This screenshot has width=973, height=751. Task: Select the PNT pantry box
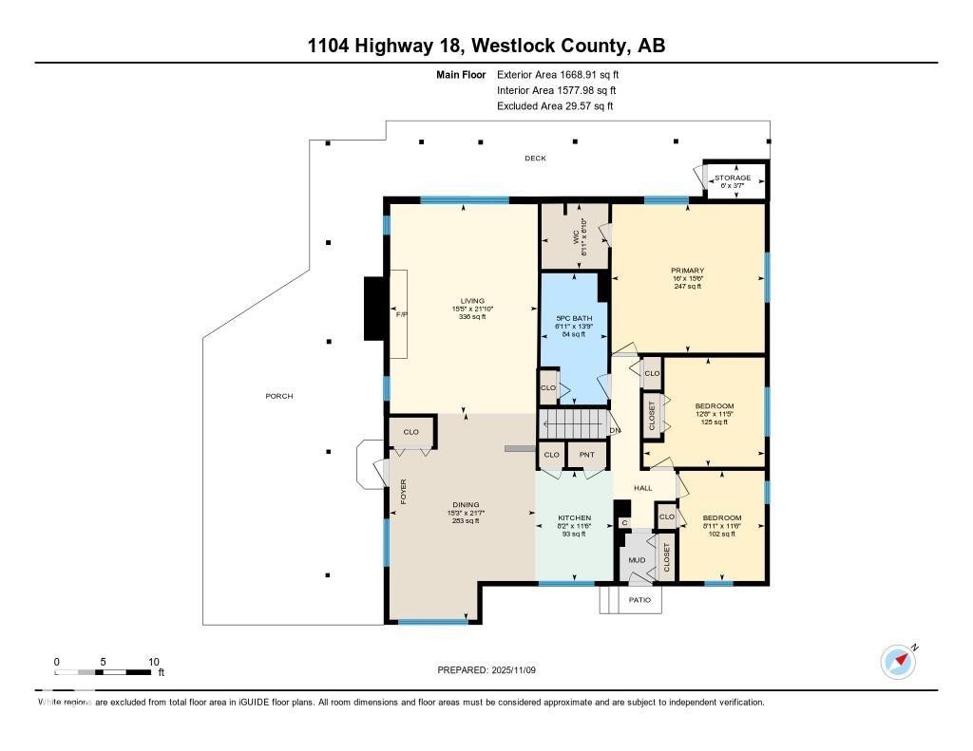(587, 456)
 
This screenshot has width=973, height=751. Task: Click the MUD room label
(638, 560)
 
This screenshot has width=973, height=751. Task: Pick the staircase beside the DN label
(573, 422)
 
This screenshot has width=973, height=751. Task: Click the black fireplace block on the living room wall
(373, 308)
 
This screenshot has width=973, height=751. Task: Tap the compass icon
(898, 661)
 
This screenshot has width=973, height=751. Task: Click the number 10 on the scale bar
(153, 662)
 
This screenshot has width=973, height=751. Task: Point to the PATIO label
(640, 599)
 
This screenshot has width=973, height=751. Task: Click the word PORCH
(279, 396)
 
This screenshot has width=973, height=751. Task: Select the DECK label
(536, 159)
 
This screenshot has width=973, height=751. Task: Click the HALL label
(643, 488)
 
